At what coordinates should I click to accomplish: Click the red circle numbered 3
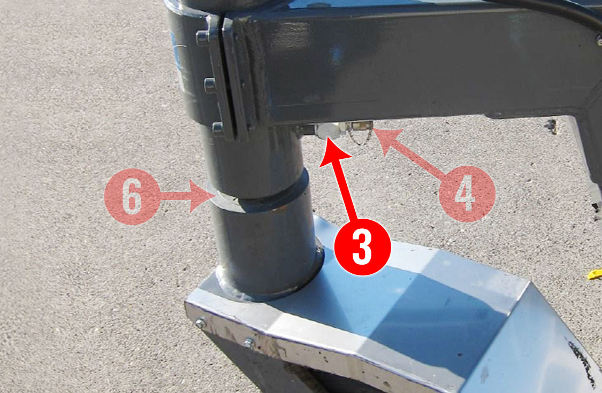tap(362, 247)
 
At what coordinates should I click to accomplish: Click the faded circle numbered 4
tap(467, 194)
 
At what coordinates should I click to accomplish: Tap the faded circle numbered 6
tap(132, 197)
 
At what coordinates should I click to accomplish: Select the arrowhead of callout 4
tap(388, 141)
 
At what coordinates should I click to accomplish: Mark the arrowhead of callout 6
tap(203, 196)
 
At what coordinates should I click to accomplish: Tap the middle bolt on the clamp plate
tap(209, 85)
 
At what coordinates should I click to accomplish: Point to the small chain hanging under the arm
tap(361, 137)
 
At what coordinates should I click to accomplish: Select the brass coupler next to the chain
tap(360, 125)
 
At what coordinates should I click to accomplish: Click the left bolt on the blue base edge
tap(201, 323)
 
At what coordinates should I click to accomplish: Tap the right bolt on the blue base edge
tap(249, 343)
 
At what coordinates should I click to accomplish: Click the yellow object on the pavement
tap(595, 274)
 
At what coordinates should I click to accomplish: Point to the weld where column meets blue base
tap(269, 292)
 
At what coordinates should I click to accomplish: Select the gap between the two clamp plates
tap(222, 77)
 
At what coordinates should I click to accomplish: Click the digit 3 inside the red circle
tap(362, 247)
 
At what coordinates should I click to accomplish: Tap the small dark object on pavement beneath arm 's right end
tap(552, 126)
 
